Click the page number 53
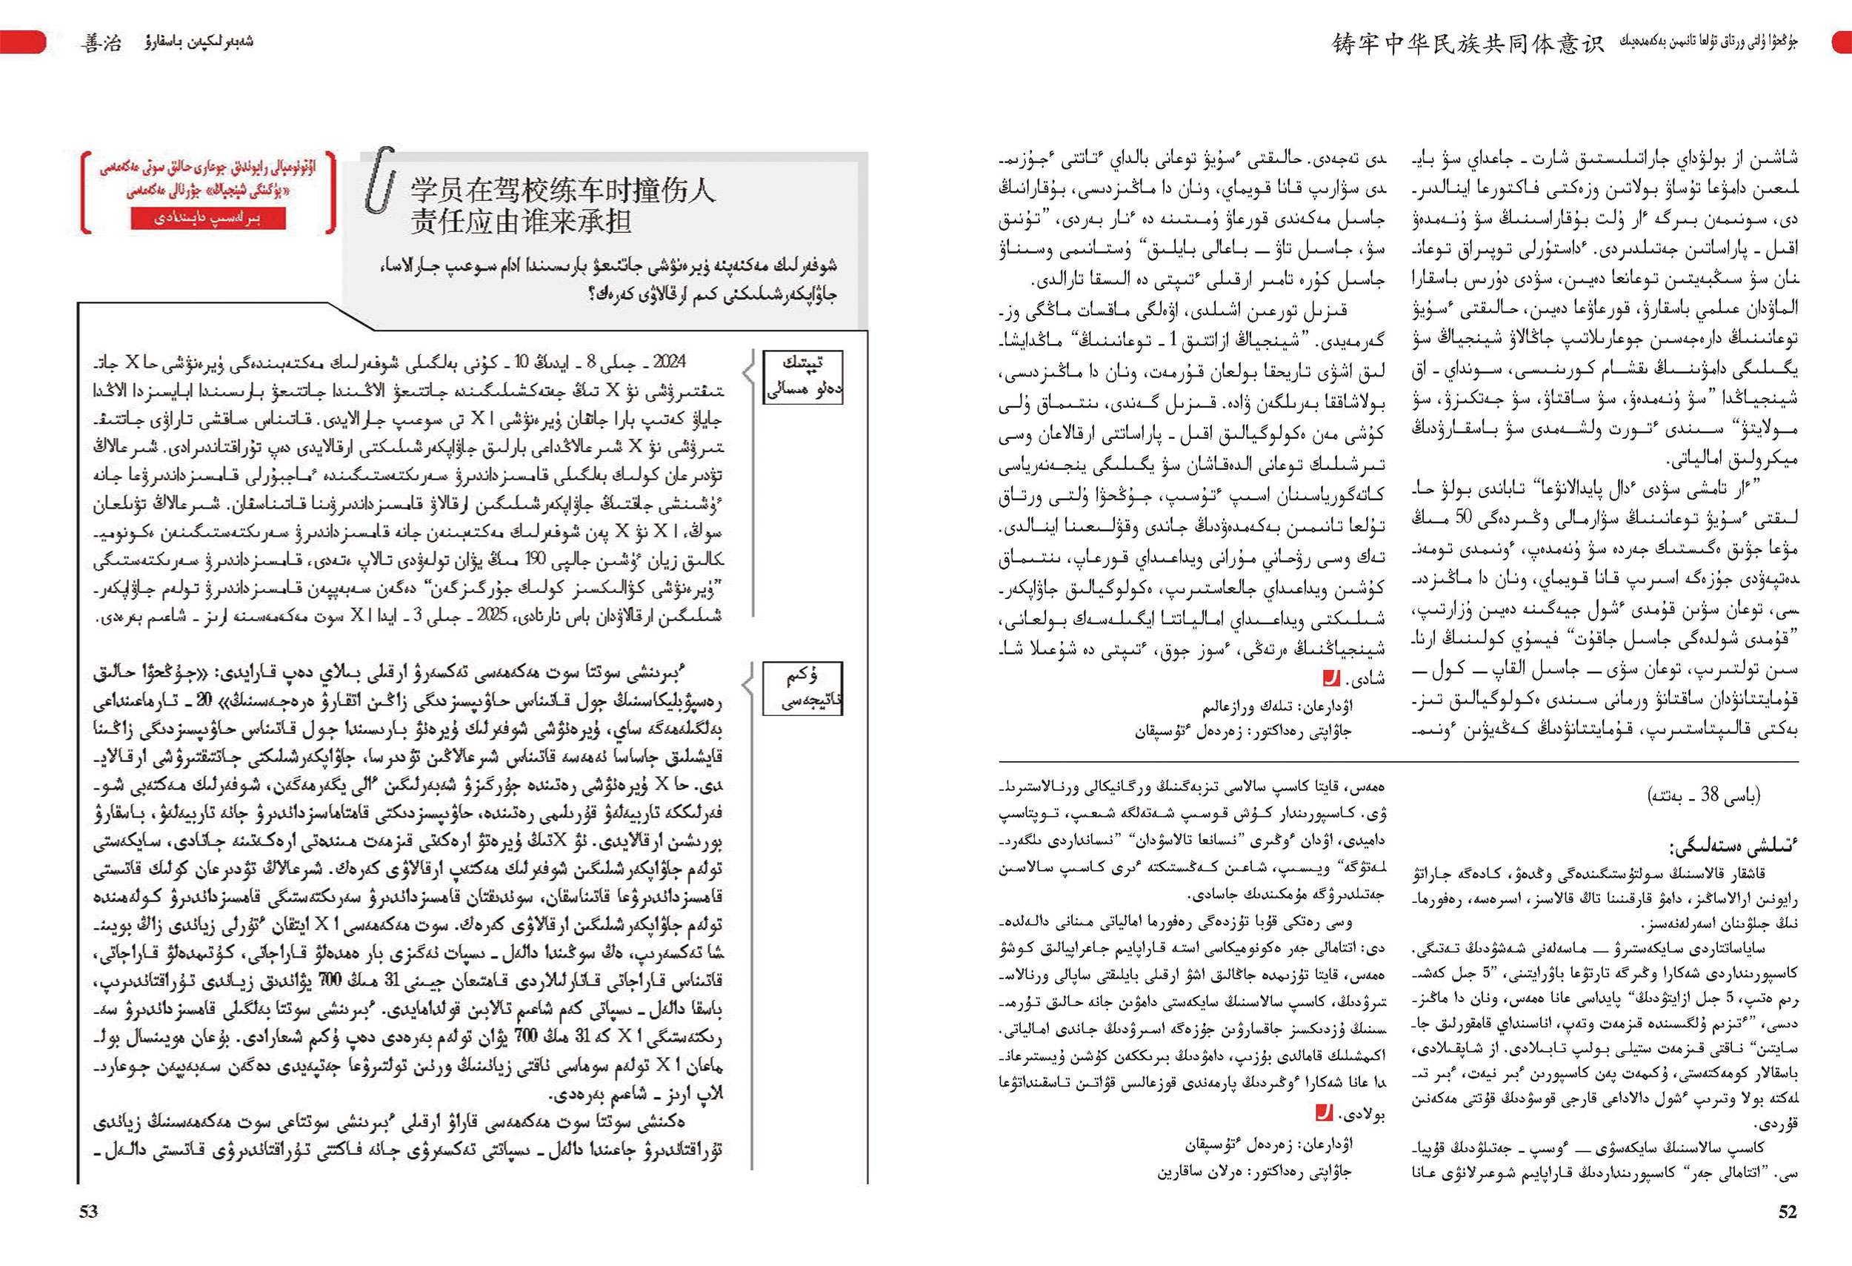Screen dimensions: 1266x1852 [88, 1211]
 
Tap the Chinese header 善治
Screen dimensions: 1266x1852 [101, 42]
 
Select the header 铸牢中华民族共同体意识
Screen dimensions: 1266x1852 [1467, 43]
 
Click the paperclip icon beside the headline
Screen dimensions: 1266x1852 [379, 180]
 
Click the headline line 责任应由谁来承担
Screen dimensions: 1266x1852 [522, 222]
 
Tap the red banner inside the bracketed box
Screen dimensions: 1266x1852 [207, 217]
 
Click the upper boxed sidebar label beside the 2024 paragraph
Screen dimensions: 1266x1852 [802, 377]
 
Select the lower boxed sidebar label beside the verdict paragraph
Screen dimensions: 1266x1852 [802, 688]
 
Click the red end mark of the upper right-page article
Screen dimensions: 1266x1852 [1330, 678]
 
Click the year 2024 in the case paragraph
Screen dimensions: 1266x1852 [670, 362]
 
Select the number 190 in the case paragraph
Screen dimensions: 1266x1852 [535, 560]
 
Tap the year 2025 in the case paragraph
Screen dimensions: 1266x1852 [491, 616]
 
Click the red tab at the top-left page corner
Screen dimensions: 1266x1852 [22, 42]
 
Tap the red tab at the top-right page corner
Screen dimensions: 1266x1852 [1841, 42]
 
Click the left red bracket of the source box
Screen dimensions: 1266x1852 [85, 191]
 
